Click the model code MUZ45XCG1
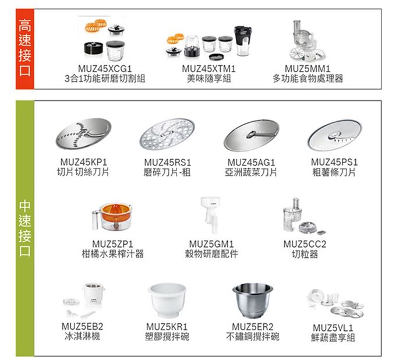coord(105,69)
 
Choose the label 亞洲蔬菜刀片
coord(252,172)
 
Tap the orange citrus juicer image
coord(115,215)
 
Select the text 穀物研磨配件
coord(213,253)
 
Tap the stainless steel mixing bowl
coord(252,300)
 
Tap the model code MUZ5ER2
coord(252,327)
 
